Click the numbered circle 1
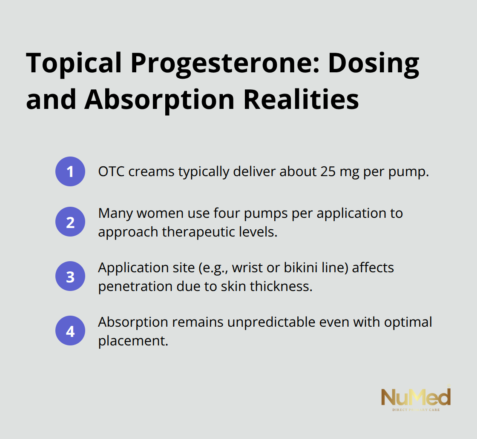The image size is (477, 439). pyautogui.click(x=70, y=172)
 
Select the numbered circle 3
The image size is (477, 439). pyautogui.click(x=70, y=277)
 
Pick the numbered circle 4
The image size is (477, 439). pyautogui.click(x=70, y=331)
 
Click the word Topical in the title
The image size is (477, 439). pyautogui.click(x=73, y=64)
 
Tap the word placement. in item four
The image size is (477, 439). pyautogui.click(x=133, y=341)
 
